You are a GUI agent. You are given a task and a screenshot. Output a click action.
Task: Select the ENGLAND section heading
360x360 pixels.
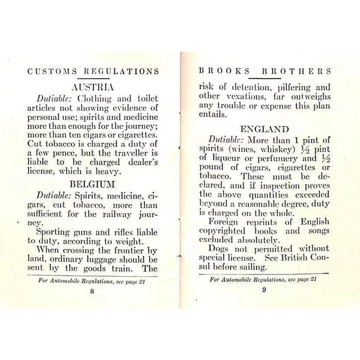click(x=264, y=129)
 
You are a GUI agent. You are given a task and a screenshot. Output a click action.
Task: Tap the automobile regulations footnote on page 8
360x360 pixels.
click(x=92, y=281)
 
